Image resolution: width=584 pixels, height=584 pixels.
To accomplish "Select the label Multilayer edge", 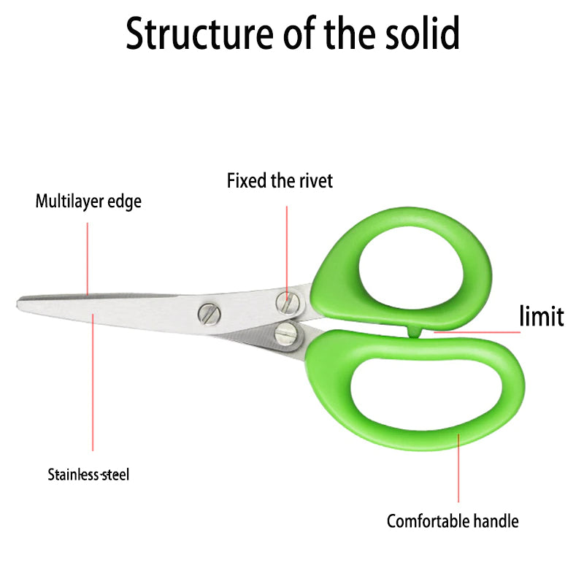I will [x=88, y=201].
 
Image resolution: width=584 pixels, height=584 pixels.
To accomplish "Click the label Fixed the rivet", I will [x=280, y=180].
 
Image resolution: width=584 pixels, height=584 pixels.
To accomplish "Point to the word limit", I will [x=541, y=317].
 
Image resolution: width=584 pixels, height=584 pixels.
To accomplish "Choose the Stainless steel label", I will [x=88, y=474].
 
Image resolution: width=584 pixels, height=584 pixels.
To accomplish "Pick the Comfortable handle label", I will [x=453, y=521].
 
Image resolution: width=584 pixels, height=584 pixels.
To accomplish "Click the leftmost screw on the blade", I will [x=208, y=314].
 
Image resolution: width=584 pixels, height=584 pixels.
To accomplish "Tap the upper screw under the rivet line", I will [x=287, y=301].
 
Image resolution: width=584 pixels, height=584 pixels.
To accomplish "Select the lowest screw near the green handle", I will [x=285, y=334].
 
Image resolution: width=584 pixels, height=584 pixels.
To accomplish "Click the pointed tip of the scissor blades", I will [x=20, y=301].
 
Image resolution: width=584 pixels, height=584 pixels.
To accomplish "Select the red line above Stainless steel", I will [x=93, y=387].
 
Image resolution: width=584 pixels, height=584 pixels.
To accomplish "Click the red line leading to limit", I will [x=474, y=332].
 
